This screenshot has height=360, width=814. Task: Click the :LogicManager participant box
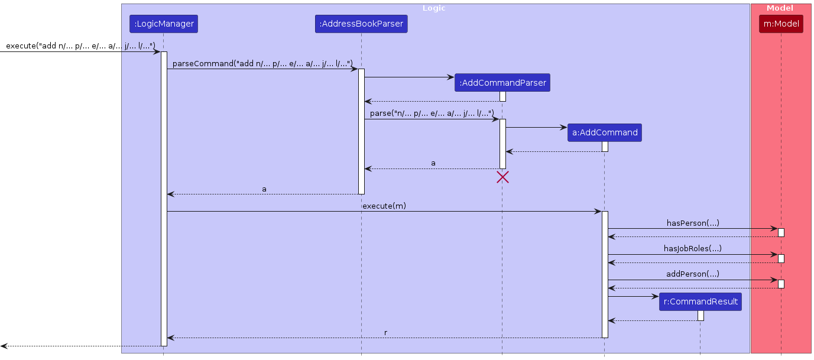[x=163, y=24]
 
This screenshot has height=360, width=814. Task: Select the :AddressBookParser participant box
[x=361, y=24]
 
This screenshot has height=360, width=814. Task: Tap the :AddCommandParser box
[x=502, y=83]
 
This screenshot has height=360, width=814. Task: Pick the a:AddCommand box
[x=604, y=132]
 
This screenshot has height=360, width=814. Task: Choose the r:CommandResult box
[x=701, y=301]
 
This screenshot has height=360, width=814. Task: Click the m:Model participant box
[x=781, y=24]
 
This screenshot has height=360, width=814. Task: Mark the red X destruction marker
[x=502, y=177]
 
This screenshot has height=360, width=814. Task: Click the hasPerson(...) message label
[x=693, y=223]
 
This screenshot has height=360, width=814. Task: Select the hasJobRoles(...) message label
[x=693, y=248]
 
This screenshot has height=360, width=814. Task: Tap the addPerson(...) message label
[x=693, y=274]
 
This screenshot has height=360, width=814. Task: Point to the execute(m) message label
[x=384, y=206]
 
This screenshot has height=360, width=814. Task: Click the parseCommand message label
[x=262, y=63]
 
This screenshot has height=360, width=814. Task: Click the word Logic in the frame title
[x=434, y=8]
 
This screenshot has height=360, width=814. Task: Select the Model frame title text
[x=780, y=8]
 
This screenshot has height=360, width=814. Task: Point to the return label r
[x=385, y=333]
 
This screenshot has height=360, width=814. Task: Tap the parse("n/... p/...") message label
[x=432, y=113]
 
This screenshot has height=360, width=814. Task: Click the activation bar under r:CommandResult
[x=701, y=316]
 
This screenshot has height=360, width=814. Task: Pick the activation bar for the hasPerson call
[x=781, y=232]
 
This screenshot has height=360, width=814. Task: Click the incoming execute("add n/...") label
[x=80, y=46]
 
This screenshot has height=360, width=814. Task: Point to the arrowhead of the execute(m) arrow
[x=598, y=211]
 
